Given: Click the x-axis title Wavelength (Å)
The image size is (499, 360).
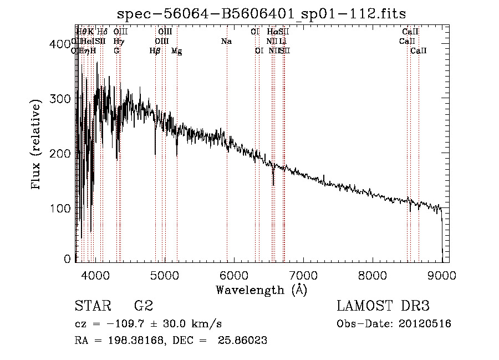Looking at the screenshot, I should pyautogui.click(x=261, y=290).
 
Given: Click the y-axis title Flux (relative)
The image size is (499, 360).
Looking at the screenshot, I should pyautogui.click(x=37, y=145).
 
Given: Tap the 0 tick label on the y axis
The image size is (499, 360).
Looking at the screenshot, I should pyautogui.click(x=68, y=259).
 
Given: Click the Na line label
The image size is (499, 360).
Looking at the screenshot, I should pyautogui.click(x=226, y=41).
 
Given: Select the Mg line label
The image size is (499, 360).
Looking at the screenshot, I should pyautogui.click(x=177, y=51).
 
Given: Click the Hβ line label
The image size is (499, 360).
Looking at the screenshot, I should pyautogui.click(x=155, y=51).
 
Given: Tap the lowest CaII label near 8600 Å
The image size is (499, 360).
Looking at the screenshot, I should pyautogui.click(x=419, y=51).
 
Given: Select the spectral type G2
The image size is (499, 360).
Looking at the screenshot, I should pyautogui.click(x=143, y=306).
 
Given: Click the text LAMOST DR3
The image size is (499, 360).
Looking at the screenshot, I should pyautogui.click(x=383, y=306).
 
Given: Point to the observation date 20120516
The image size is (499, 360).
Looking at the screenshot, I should pyautogui.click(x=426, y=324).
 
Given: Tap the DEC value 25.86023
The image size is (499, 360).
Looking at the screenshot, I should pyautogui.click(x=244, y=341).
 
